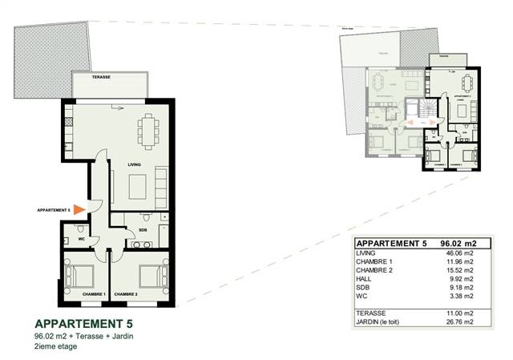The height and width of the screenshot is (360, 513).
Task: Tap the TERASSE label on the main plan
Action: [x=100, y=78]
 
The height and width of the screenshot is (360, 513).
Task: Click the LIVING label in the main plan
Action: [x=135, y=164]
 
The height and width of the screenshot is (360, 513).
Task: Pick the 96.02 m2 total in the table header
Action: [x=458, y=243]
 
